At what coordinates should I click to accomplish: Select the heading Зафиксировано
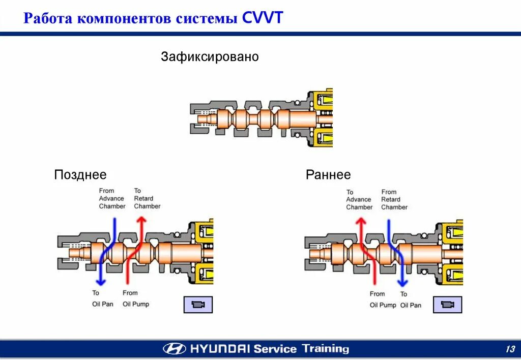210,56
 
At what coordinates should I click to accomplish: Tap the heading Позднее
80,175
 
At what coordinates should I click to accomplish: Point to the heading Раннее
328,175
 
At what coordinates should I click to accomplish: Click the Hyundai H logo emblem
175,349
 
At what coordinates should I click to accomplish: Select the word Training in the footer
326,349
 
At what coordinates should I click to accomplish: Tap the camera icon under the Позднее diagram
198,304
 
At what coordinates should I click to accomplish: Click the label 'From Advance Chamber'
112,198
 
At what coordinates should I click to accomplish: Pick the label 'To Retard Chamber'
147,198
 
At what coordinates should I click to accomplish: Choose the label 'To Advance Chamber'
359,199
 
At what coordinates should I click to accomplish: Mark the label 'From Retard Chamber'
394,199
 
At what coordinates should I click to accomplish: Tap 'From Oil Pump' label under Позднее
135,298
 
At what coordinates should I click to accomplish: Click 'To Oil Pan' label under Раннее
410,299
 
